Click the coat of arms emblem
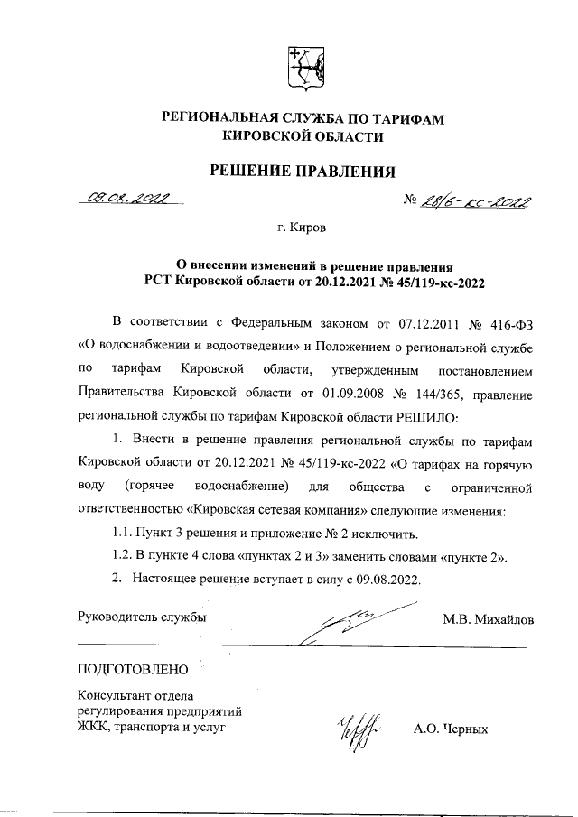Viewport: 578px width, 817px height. pyautogui.click(x=303, y=70)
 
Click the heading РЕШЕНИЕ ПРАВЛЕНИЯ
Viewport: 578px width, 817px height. pyautogui.click(x=303, y=171)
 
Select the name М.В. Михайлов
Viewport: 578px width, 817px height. pyautogui.click(x=488, y=620)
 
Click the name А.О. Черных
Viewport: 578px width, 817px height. pyautogui.click(x=450, y=729)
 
